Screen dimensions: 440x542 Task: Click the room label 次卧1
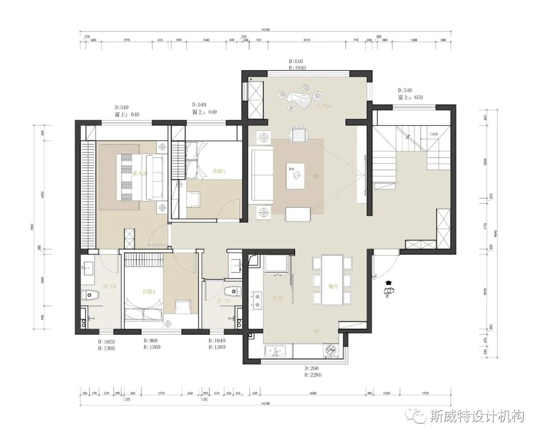[x=219, y=171]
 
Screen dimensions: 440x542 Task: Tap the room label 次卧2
[x=149, y=291]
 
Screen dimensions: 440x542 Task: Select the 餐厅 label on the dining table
[x=334, y=287]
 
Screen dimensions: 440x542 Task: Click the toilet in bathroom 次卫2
[x=232, y=291]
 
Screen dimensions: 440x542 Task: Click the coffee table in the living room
[x=296, y=175]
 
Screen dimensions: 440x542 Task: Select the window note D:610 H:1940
[x=296, y=64]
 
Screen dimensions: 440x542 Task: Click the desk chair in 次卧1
[x=193, y=199]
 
